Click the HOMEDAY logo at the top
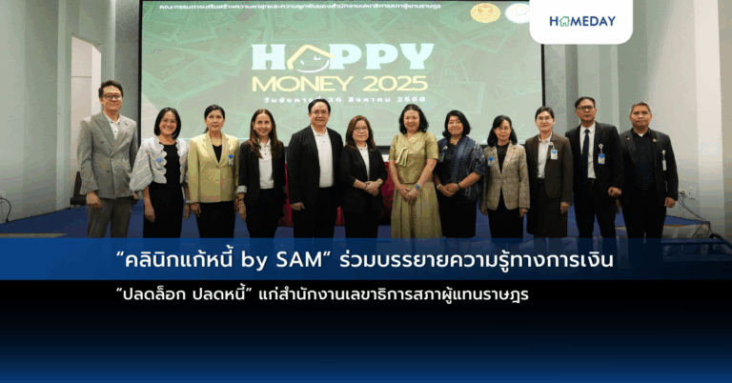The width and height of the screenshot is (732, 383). tap(581, 20)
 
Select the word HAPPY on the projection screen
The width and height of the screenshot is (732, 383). tap(341, 57)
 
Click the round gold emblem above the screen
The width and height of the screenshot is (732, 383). tap(485, 12)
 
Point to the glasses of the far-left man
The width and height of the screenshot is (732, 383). tap(112, 96)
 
